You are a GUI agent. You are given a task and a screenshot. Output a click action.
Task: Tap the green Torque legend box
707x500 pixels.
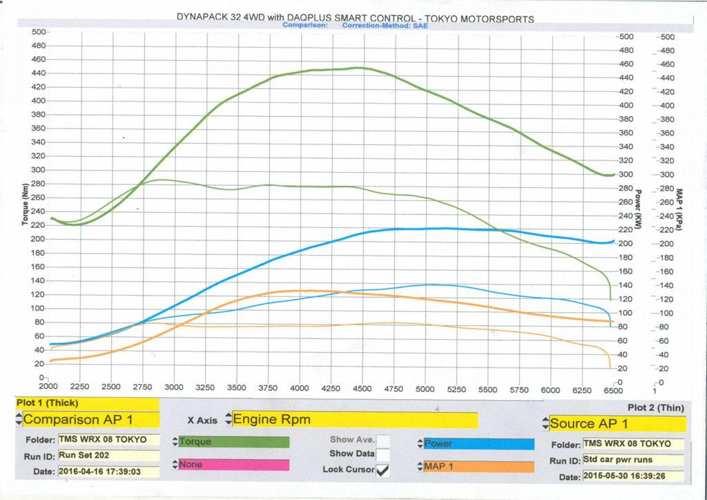pyautogui.click(x=233, y=441)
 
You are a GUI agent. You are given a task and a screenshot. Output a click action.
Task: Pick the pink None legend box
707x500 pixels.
pyautogui.click(x=233, y=465)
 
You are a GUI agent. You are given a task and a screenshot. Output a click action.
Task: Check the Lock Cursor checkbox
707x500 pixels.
pyautogui.click(x=382, y=470)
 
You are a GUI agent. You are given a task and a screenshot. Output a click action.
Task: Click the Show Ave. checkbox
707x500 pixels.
pyautogui.click(x=382, y=439)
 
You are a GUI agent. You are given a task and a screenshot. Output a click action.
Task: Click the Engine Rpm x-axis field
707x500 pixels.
pyautogui.click(x=354, y=419)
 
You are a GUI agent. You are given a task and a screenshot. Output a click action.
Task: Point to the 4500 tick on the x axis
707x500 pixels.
pyautogui.click(x=362, y=387)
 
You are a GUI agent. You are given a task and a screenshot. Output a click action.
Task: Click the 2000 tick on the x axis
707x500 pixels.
pyautogui.click(x=49, y=387)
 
